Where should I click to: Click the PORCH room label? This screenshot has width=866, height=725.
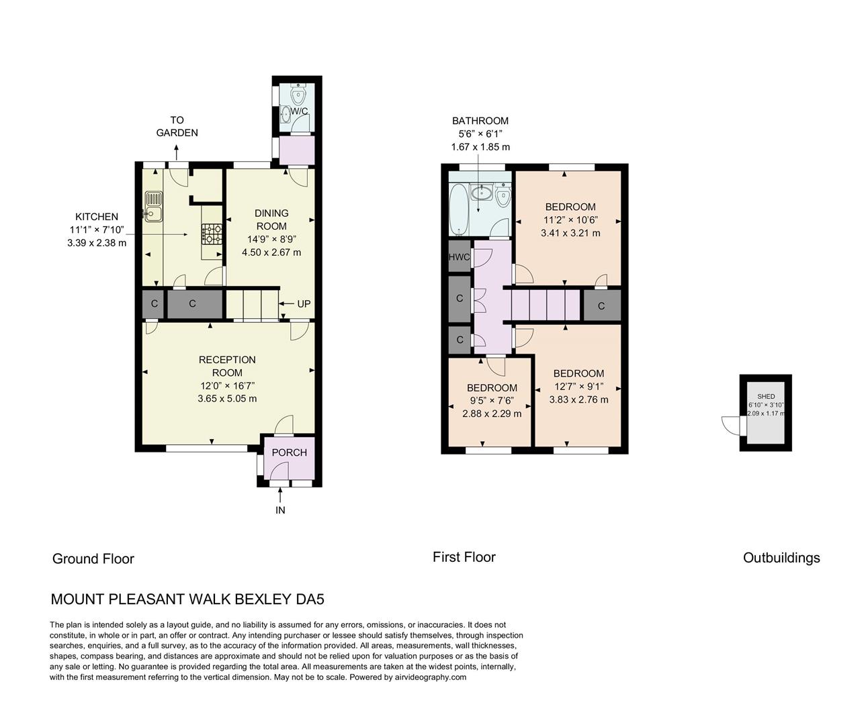(289, 452)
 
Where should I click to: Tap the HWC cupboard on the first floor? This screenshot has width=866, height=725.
(460, 257)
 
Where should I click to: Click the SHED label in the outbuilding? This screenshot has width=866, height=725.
(765, 397)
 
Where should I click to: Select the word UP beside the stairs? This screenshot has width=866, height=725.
(304, 304)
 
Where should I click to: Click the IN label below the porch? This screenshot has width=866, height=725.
(280, 510)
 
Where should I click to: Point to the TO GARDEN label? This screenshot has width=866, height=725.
(177, 126)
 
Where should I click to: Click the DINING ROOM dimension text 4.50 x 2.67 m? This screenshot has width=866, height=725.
(271, 252)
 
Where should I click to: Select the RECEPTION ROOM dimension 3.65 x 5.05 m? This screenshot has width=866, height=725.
(227, 398)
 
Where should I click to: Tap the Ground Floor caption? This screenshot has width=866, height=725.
(93, 559)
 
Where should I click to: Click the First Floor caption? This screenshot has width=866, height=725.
(464, 557)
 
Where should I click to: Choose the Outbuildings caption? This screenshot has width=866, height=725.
(781, 558)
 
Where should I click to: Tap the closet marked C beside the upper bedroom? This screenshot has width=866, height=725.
(601, 306)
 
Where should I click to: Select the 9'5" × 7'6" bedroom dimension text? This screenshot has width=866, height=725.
(492, 401)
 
